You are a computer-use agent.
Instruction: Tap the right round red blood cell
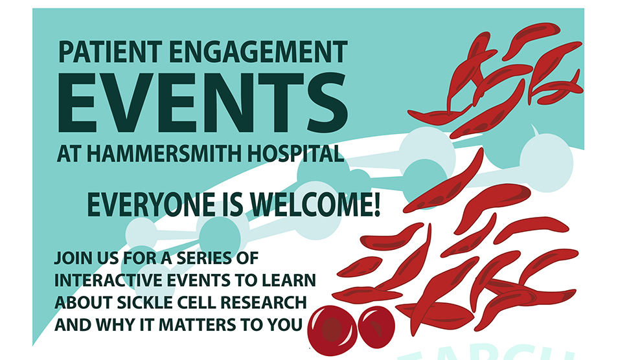click(x=376, y=327)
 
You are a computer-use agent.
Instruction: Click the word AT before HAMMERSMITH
click(x=67, y=153)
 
